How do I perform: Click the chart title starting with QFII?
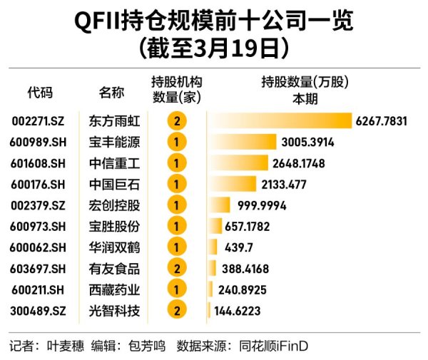click(x=213, y=21)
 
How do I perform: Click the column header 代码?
click(x=40, y=92)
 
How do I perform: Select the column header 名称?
click(x=111, y=92)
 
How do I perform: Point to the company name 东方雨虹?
click(x=114, y=121)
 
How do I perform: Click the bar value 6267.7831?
click(x=381, y=121)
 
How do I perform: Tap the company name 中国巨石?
click(x=114, y=185)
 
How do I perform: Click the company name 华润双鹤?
click(x=114, y=247)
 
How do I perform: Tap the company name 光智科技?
click(x=114, y=311)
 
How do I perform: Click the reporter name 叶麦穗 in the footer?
click(x=64, y=346)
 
